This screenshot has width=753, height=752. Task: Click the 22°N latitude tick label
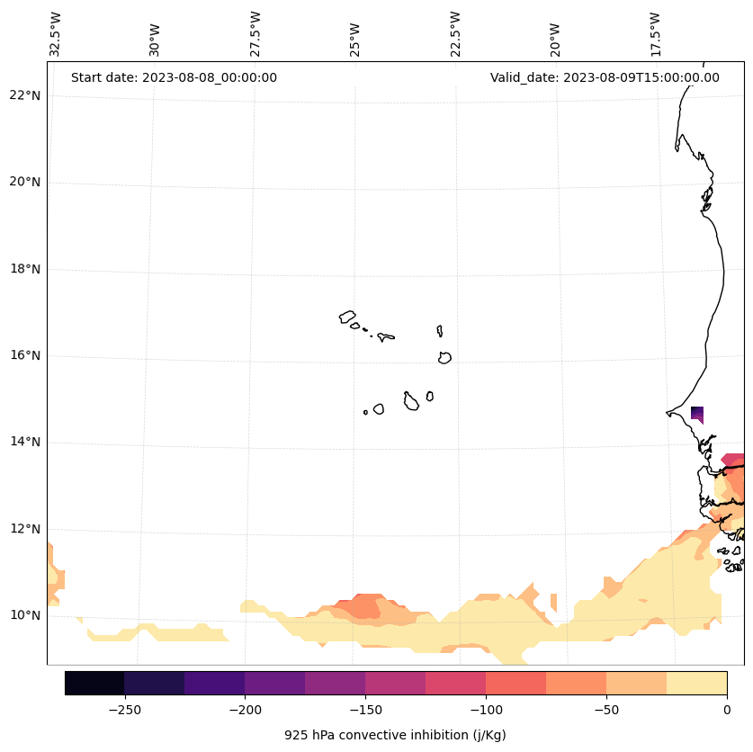coord(25,95)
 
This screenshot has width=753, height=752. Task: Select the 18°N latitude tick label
coord(25,269)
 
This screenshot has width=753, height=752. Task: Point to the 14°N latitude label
coord(25,442)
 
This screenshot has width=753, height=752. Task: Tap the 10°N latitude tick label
coord(25,615)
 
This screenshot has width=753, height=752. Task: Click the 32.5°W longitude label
coord(56,34)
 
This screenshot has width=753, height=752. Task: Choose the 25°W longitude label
coord(356,34)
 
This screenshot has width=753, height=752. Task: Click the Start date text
coord(174,77)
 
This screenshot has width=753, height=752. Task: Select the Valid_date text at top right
coord(605,77)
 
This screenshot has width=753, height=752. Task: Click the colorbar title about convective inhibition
coord(395,735)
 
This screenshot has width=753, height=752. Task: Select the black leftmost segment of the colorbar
coord(94,683)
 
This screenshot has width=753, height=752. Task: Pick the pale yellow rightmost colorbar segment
coord(696,683)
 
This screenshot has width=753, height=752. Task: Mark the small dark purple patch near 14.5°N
coord(696,413)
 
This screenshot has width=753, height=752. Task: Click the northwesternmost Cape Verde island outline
coord(347,317)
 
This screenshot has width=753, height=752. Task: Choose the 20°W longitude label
coord(556,34)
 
